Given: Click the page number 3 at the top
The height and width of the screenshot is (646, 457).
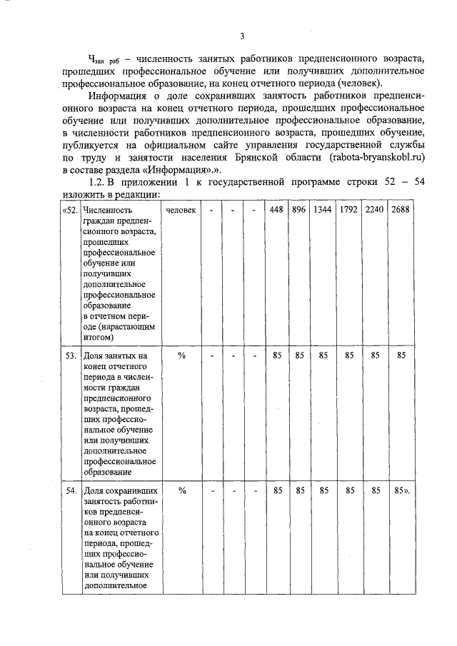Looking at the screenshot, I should pyautogui.click(x=242, y=36).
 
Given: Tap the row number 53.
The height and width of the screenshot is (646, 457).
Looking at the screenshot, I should pyautogui.click(x=71, y=354).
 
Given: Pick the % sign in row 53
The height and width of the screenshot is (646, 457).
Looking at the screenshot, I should pyautogui.click(x=181, y=354).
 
